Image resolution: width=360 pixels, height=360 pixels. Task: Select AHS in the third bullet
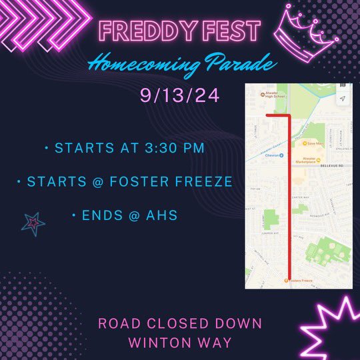pyautogui.click(x=169, y=216)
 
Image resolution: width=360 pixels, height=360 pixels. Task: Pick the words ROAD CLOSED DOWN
pyautogui.click(x=180, y=324)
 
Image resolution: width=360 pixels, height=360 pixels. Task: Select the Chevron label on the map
pyautogui.click(x=272, y=155)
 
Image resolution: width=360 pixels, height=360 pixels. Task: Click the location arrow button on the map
pyautogui.click(x=342, y=98)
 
